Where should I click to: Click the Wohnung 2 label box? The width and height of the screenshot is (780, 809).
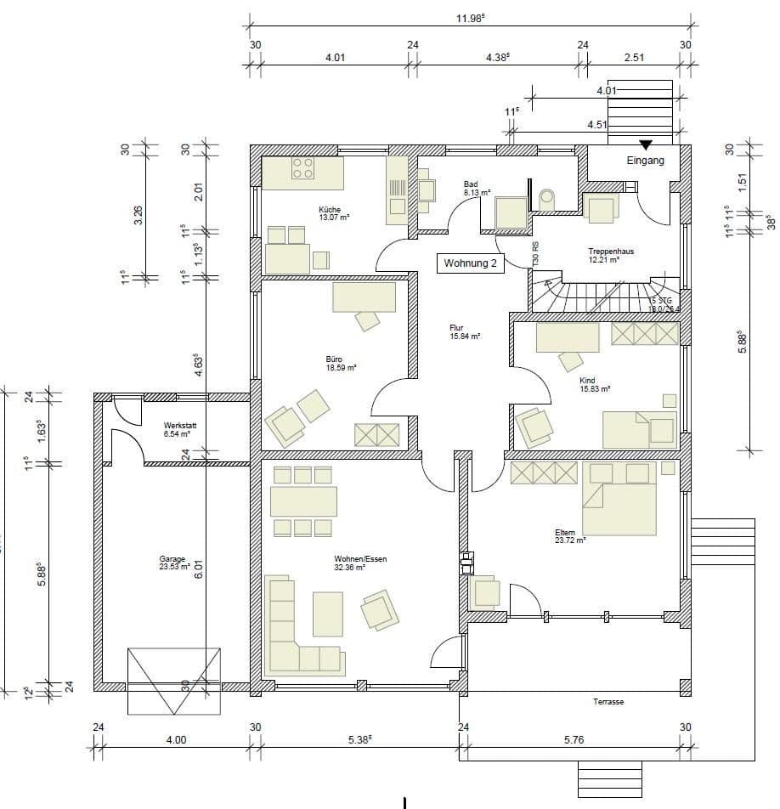click(471, 263)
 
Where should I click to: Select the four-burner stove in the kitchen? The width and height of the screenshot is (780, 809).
click(303, 168)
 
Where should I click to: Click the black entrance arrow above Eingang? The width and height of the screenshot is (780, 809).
click(646, 144)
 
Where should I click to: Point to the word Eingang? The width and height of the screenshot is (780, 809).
click(646, 160)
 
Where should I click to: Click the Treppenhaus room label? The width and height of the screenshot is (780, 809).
click(611, 252)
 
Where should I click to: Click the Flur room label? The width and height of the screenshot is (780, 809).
click(457, 327)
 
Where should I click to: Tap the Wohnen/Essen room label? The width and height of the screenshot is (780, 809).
click(360, 559)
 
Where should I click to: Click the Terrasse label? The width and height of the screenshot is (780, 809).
click(608, 702)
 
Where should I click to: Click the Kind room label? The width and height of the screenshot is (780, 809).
click(587, 381)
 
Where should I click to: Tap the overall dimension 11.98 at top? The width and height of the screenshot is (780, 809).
click(470, 18)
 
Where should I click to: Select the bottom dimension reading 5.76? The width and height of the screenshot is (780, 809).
click(574, 740)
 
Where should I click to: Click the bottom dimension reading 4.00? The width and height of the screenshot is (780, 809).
click(176, 740)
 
